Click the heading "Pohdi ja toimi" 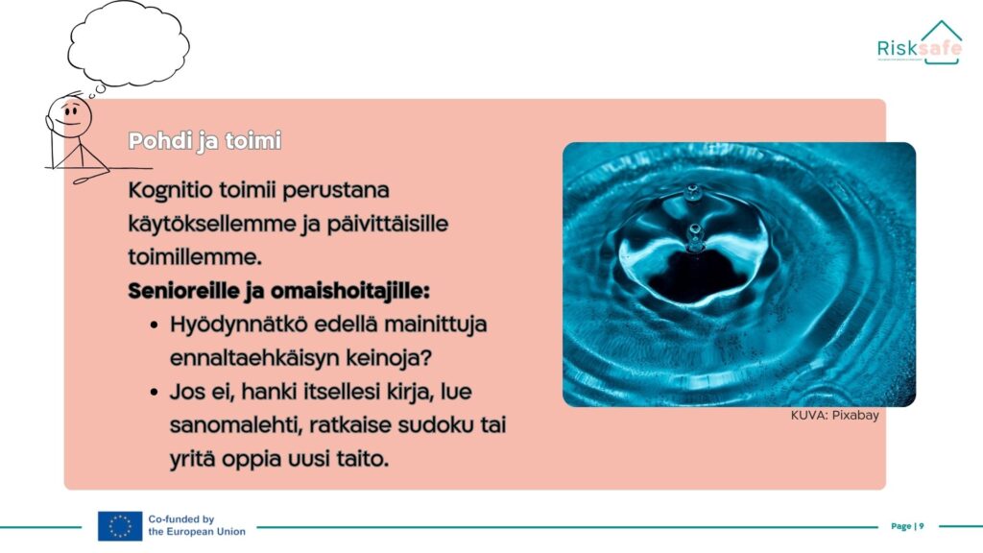click(204, 141)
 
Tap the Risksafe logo click(919, 42)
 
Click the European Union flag click(120, 526)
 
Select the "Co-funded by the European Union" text click(197, 525)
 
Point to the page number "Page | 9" click(907, 526)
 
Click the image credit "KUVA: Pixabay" click(834, 415)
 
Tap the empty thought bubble click(129, 44)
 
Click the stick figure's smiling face click(70, 116)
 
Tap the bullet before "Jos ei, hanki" click(155, 393)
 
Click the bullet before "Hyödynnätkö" click(155, 325)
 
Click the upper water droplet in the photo click(693, 192)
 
